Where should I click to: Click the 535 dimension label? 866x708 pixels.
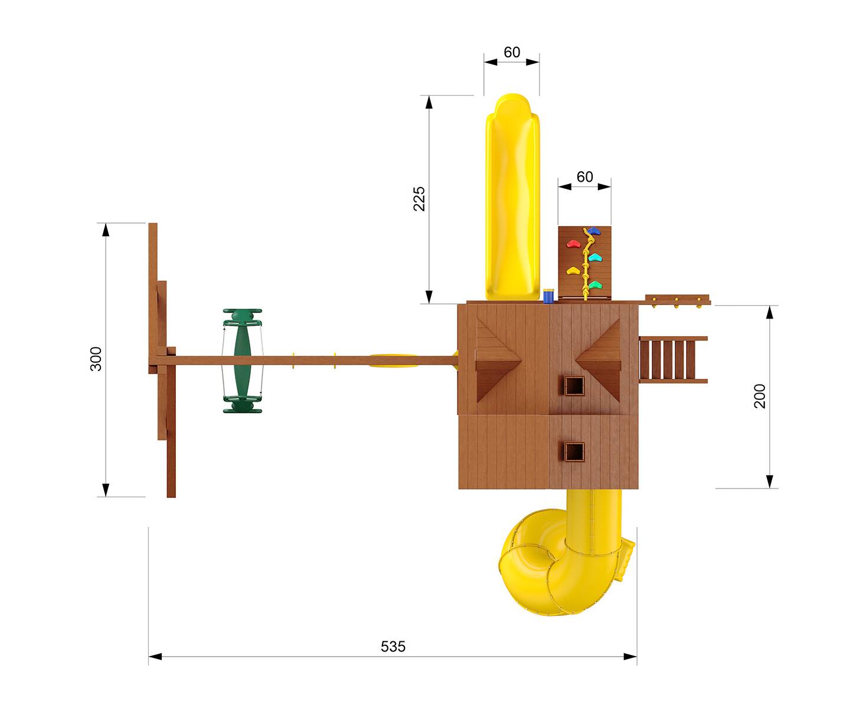pos(393,647)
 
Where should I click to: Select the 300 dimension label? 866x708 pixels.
pos(96,359)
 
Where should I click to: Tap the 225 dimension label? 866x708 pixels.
pos(419,199)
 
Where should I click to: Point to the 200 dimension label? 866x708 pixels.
pos(760,396)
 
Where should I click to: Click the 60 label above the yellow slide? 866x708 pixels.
pos(512,52)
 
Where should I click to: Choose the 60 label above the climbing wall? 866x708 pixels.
pos(584,177)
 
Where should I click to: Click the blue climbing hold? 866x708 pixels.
pos(593,231)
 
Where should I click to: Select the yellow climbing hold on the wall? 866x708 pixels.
pos(573,270)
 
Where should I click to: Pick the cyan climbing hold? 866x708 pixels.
pos(594,258)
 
